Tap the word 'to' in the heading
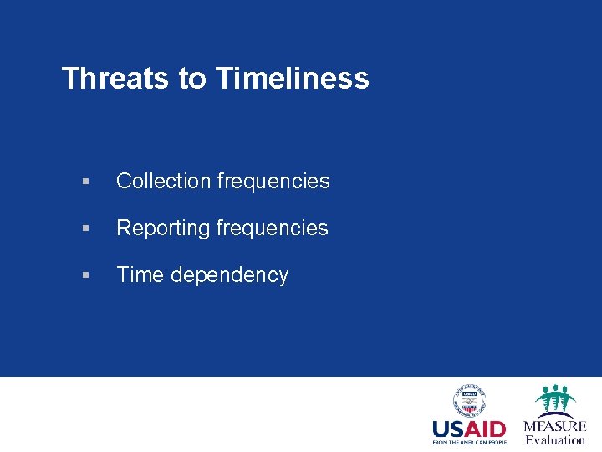191,79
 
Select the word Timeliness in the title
292,79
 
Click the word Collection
163,181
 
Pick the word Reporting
164,228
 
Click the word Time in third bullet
140,275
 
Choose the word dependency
230,275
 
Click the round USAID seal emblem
469,401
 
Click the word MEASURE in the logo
555,426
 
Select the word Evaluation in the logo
555,439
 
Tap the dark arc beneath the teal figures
555,413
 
